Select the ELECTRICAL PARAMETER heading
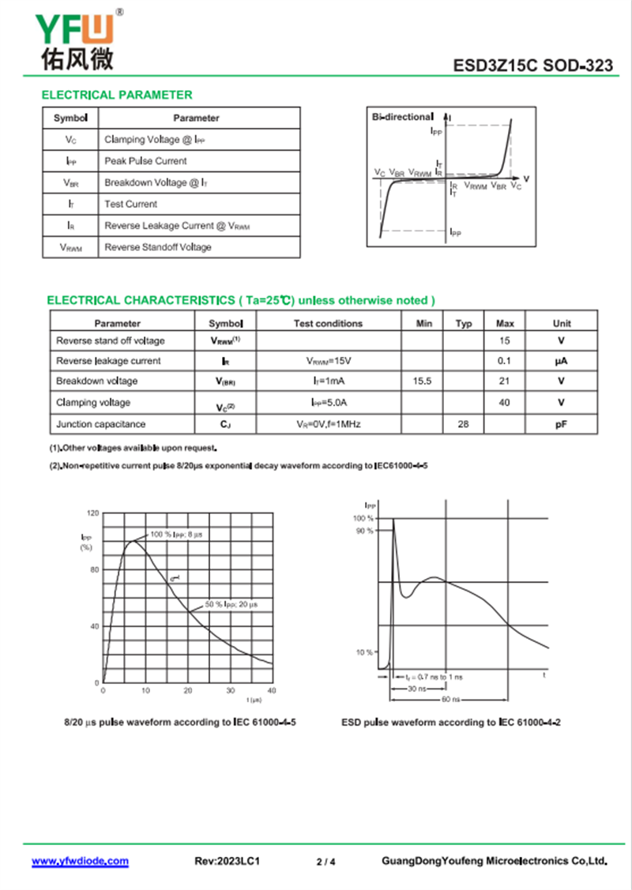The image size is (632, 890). [117, 95]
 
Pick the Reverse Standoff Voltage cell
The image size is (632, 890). [158, 247]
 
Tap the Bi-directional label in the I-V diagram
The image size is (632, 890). [402, 117]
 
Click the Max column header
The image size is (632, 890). [505, 323]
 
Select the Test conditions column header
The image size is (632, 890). [328, 323]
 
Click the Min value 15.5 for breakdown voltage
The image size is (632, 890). [422, 381]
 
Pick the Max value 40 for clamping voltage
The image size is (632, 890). [505, 402]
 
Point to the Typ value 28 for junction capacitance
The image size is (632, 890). [463, 424]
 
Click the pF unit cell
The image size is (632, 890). [562, 424]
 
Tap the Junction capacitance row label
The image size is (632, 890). [101, 424]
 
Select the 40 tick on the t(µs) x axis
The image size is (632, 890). [273, 690]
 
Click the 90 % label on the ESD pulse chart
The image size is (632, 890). [364, 531]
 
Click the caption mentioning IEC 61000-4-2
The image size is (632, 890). [451, 723]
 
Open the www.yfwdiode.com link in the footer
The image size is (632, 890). [80, 862]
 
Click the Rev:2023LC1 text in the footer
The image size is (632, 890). [228, 862]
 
